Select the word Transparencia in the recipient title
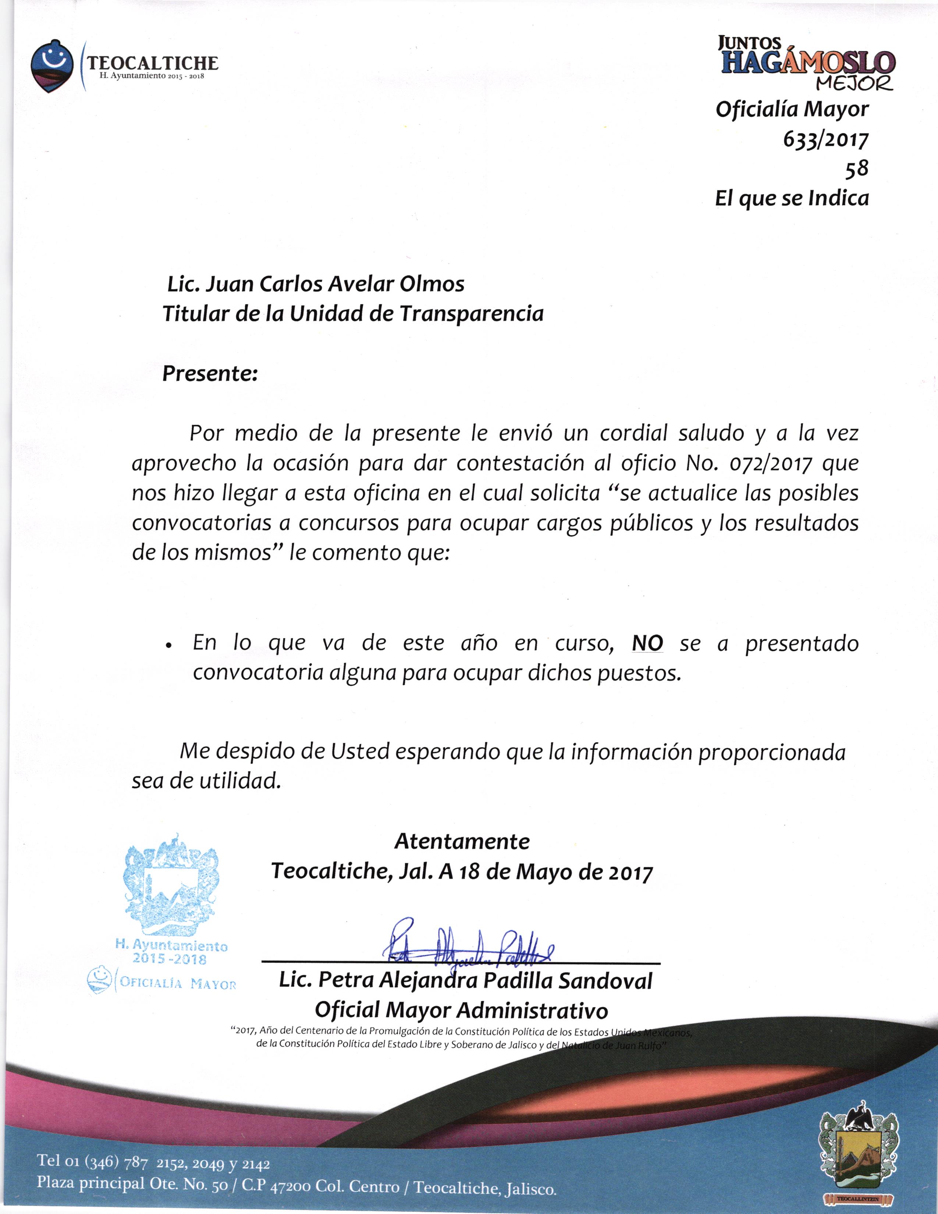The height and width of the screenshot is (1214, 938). click(471, 315)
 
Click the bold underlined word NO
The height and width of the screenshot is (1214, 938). click(647, 643)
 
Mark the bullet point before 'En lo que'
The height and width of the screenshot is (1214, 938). click(168, 646)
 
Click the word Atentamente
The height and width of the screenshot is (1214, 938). click(462, 841)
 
